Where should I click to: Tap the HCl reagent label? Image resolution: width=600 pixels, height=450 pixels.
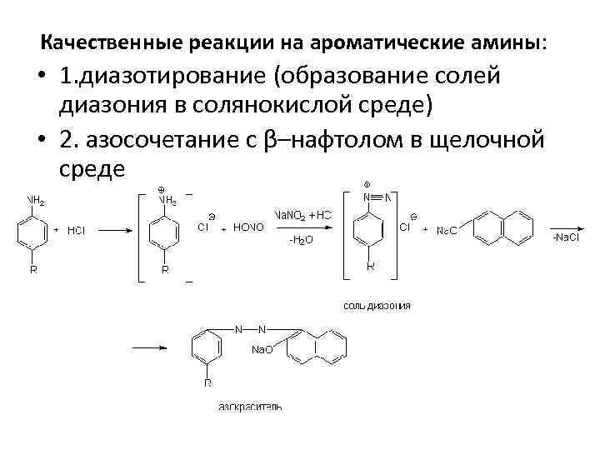click(76, 230)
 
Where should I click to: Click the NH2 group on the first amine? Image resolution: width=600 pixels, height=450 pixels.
click(36, 201)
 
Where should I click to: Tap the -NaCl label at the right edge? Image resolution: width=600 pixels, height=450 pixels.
click(566, 238)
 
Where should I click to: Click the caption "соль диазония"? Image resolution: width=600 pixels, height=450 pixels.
click(377, 306)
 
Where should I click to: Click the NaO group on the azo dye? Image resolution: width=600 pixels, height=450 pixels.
click(262, 350)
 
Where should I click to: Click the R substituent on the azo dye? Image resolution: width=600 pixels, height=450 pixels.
click(207, 383)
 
